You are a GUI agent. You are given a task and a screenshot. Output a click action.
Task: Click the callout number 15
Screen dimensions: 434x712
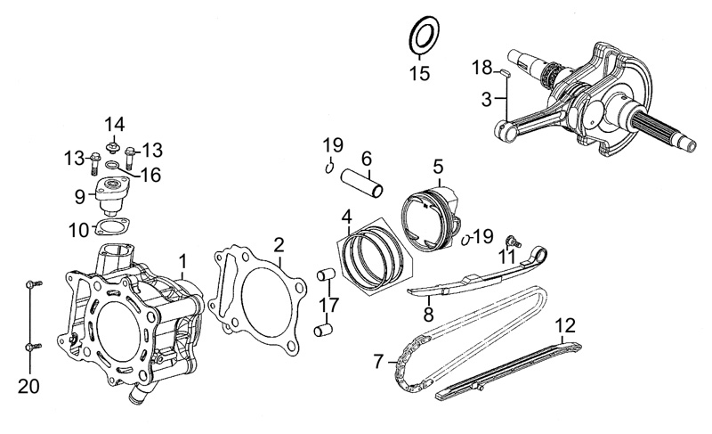point(419,72)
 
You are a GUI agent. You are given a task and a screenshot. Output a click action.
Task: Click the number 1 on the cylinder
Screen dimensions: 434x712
point(183,261)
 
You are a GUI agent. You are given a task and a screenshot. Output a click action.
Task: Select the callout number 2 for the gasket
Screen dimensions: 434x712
point(279,243)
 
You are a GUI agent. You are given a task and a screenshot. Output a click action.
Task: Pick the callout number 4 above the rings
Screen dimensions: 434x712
point(347,215)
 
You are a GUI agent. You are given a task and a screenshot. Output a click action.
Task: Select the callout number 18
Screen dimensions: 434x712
point(482,68)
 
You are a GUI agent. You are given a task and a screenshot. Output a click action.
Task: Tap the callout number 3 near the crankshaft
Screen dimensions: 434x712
point(487,100)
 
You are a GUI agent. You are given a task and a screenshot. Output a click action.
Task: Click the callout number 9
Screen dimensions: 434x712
point(80,195)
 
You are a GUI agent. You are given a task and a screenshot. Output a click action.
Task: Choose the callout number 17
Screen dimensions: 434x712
point(330,306)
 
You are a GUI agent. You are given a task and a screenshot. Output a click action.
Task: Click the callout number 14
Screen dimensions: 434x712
point(115,123)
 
